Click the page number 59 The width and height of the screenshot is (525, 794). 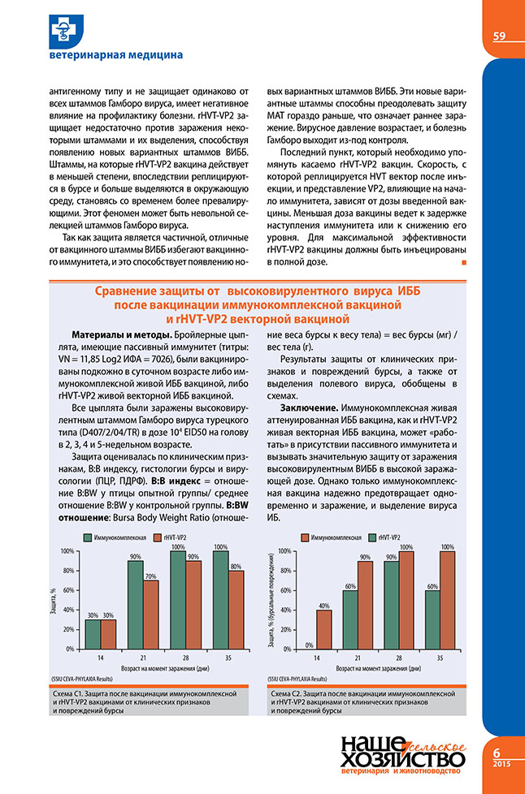pos(499,35)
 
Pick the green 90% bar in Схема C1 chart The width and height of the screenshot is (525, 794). pos(135,605)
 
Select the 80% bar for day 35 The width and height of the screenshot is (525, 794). pos(235,610)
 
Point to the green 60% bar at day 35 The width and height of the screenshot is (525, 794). pos(432,619)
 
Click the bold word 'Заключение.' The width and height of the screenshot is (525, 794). pos(308,406)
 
